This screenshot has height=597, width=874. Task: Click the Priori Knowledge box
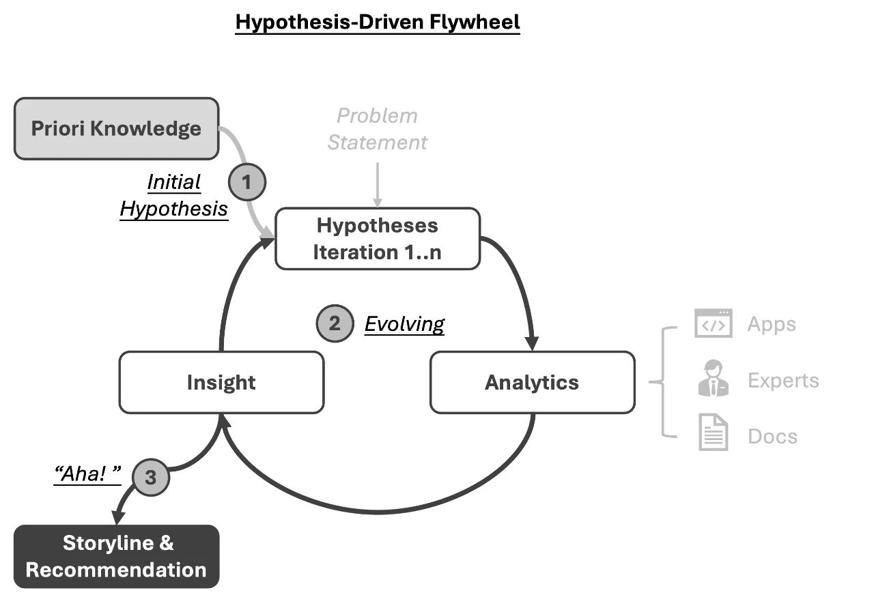point(117,128)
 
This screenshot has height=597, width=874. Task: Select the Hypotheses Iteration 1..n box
point(377,239)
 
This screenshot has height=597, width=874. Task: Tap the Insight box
point(221,382)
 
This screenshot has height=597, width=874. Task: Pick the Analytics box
point(532,382)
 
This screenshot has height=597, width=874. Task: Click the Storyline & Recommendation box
point(116,556)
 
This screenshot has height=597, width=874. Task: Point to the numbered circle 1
point(246,182)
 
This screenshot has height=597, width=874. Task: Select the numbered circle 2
point(335,323)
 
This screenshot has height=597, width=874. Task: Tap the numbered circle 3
point(150,478)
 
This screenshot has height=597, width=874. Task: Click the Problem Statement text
point(377,129)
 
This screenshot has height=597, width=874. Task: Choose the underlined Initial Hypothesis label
point(174,195)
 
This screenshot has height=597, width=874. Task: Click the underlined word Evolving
point(404,324)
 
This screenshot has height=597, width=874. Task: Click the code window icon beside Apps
point(714,323)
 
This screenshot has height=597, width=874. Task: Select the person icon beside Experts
point(714,380)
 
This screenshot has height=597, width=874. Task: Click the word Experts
point(783,380)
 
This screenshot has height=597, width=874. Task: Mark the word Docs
point(772,436)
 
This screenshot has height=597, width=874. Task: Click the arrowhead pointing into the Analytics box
point(533,343)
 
